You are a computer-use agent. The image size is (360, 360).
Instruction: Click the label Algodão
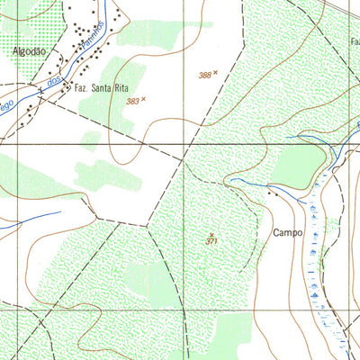(x=28, y=51)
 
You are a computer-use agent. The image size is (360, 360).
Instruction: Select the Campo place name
(x=287, y=231)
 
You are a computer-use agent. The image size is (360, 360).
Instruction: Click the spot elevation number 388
(x=205, y=76)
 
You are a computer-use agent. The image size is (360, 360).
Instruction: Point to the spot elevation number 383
(x=131, y=102)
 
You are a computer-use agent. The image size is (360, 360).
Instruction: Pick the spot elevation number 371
(x=211, y=241)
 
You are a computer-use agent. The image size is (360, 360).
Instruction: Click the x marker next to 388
(x=216, y=72)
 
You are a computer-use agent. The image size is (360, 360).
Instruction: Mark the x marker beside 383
(x=142, y=98)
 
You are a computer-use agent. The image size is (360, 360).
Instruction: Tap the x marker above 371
(x=211, y=233)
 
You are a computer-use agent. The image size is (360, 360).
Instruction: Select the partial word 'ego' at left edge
(x=7, y=105)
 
